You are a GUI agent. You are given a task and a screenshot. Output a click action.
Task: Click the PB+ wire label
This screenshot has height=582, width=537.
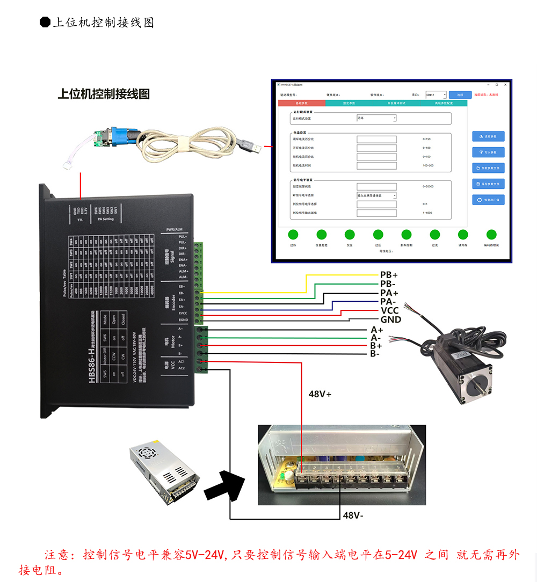[389, 275]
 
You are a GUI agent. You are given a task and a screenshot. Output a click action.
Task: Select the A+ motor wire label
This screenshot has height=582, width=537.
[377, 330]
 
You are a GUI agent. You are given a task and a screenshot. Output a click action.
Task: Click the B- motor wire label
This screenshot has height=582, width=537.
[375, 354]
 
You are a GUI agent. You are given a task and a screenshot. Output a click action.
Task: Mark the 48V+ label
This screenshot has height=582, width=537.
[320, 394]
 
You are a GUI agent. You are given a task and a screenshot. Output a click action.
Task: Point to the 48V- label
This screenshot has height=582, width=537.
[354, 515]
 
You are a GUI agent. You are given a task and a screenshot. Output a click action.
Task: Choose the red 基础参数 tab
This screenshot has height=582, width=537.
[302, 103]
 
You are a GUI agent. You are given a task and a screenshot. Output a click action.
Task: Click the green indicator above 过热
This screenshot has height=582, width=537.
[293, 234]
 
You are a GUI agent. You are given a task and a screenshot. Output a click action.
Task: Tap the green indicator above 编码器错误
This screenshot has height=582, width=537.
[491, 234]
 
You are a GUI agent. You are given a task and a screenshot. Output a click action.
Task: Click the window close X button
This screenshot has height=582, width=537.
[504, 84]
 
